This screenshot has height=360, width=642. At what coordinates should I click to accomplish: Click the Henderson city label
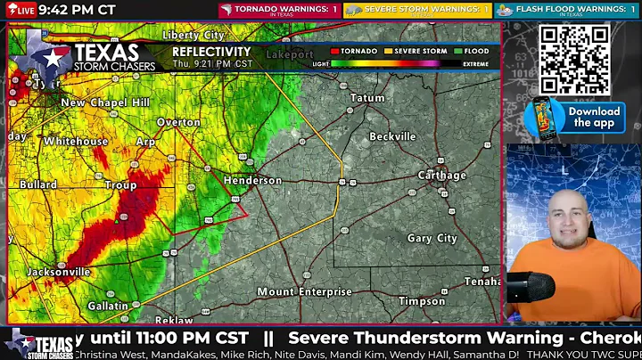click(x=252, y=180)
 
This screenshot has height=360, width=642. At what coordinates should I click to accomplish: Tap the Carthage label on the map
click(x=442, y=176)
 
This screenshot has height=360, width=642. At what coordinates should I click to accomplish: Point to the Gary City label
click(x=432, y=238)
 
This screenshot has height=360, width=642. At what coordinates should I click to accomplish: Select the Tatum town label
click(x=367, y=98)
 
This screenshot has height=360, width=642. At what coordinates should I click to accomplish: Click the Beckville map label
click(x=393, y=136)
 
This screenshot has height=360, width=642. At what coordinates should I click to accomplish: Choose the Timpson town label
click(x=423, y=301)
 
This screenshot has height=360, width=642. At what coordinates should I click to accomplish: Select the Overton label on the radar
click(x=178, y=122)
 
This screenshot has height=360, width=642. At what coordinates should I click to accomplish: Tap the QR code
click(x=575, y=58)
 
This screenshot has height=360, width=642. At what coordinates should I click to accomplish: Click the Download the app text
click(x=594, y=117)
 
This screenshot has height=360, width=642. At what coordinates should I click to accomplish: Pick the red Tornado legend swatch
click(x=334, y=52)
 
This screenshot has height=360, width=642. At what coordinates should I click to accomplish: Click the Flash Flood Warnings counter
click(x=566, y=10)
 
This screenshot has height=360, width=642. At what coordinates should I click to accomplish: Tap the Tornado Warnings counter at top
click(x=279, y=10)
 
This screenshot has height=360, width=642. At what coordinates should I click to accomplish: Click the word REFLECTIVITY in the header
click(x=211, y=52)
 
